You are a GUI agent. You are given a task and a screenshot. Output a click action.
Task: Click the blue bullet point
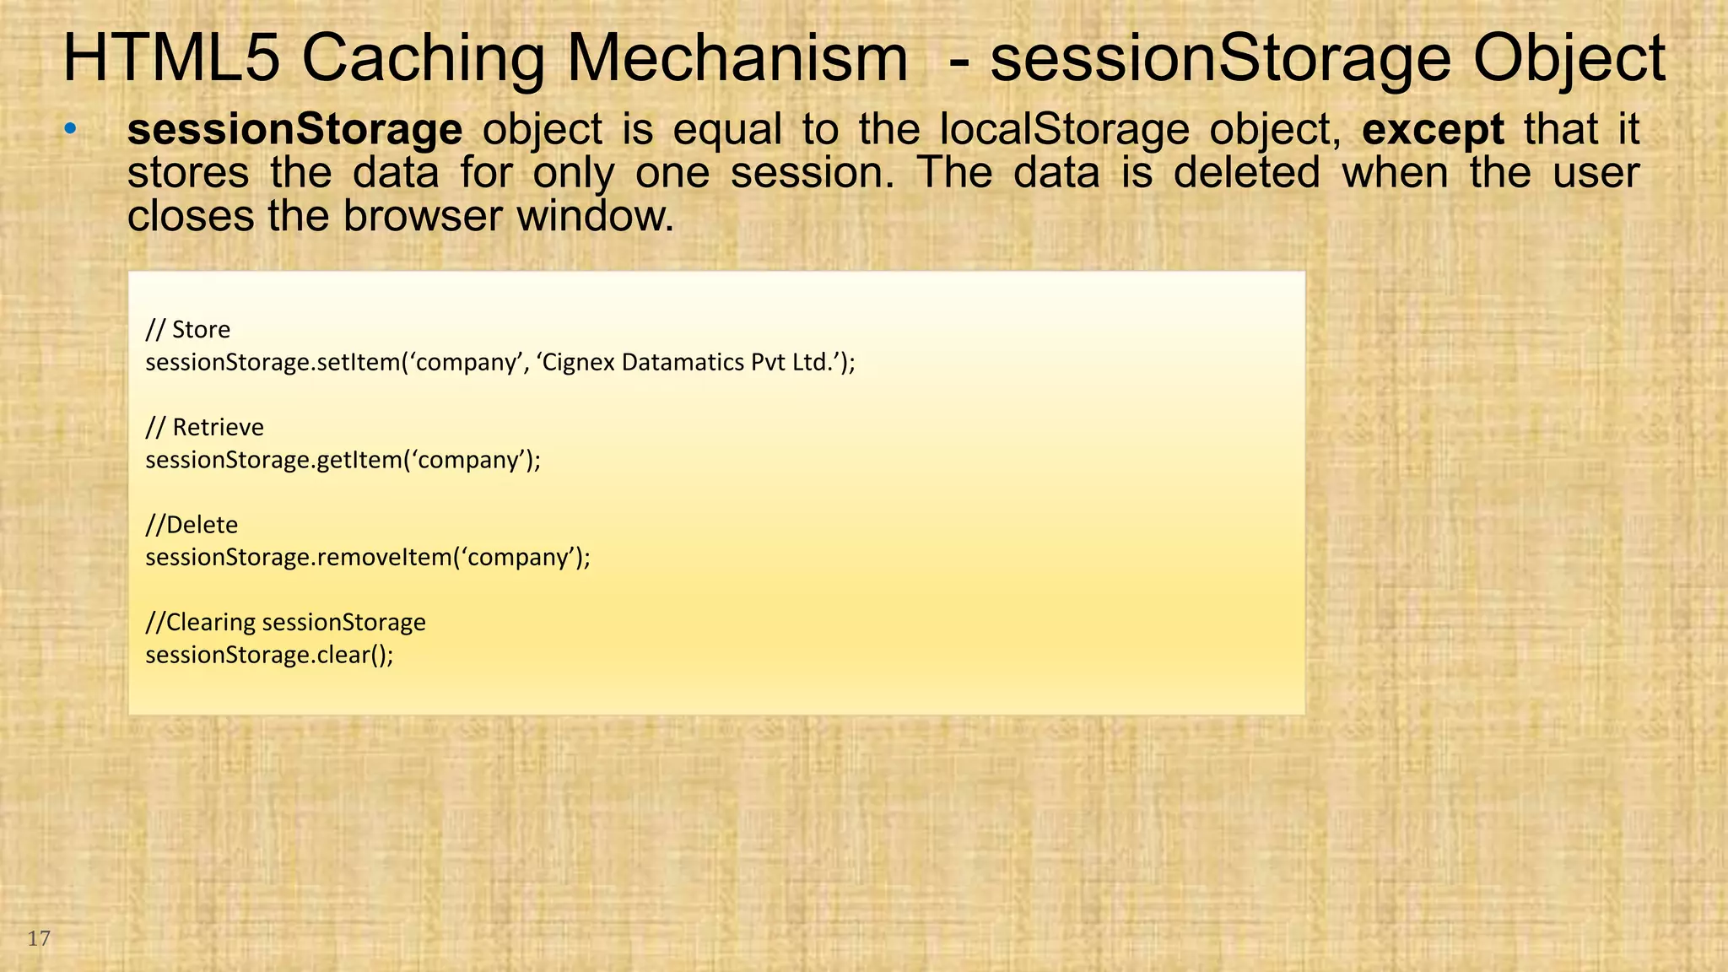point(71,129)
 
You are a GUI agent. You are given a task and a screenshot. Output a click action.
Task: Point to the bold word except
point(1433,130)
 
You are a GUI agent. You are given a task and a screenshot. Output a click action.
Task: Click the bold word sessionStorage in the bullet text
point(294,129)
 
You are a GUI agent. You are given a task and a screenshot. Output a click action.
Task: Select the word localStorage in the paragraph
point(1065,130)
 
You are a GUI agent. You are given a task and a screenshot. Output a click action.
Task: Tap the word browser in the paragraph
point(421,216)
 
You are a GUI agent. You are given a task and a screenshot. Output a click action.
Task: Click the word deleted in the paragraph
point(1246,173)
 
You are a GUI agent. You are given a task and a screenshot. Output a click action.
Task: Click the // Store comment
point(187,329)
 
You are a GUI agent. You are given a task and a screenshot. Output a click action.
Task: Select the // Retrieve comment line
point(204,427)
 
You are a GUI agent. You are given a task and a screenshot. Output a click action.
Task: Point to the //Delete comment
point(192,525)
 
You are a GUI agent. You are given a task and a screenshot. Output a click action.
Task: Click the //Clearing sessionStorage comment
point(285,622)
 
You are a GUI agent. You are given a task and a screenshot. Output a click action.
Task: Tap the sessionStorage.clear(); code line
point(269,655)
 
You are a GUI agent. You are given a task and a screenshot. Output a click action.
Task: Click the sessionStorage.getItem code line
point(343,460)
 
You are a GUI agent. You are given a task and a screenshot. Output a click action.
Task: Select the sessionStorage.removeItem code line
point(368,558)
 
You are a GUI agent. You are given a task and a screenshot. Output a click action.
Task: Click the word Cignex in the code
point(579,362)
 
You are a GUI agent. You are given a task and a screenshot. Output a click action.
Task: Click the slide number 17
point(39,938)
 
